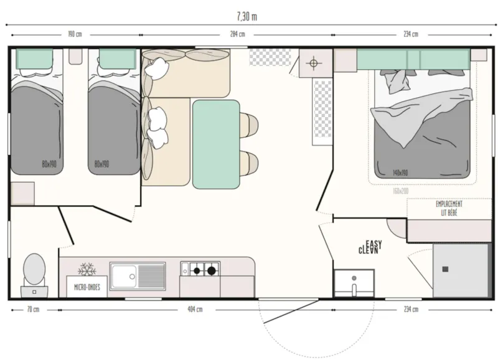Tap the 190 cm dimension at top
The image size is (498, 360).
(x=75, y=34)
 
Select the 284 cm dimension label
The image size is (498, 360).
(x=238, y=34)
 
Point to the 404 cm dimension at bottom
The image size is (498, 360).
(x=195, y=310)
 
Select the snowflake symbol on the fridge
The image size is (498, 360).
(x=85, y=270)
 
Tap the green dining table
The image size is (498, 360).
(x=216, y=144)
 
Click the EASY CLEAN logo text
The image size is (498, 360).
(x=370, y=247)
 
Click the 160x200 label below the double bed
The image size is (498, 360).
(x=401, y=191)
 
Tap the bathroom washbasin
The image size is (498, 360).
(x=354, y=283)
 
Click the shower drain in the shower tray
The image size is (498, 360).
(x=445, y=269)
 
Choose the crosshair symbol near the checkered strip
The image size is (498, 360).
(x=313, y=63)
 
